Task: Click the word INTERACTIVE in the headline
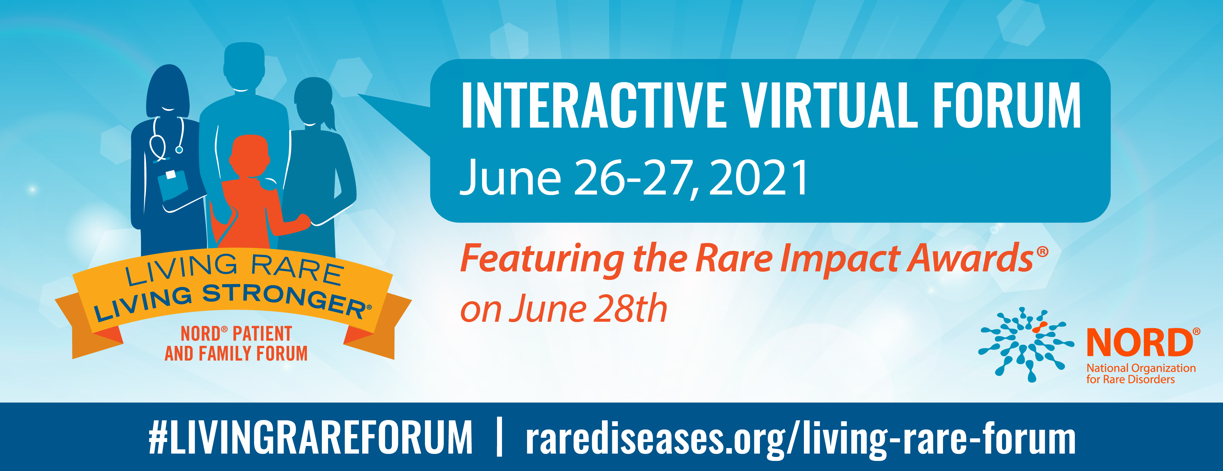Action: (x=593, y=105)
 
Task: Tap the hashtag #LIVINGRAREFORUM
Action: (x=311, y=437)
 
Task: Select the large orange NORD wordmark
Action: (x=1140, y=342)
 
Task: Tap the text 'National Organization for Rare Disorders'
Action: (x=1141, y=374)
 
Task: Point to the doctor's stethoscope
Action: (x=166, y=140)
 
